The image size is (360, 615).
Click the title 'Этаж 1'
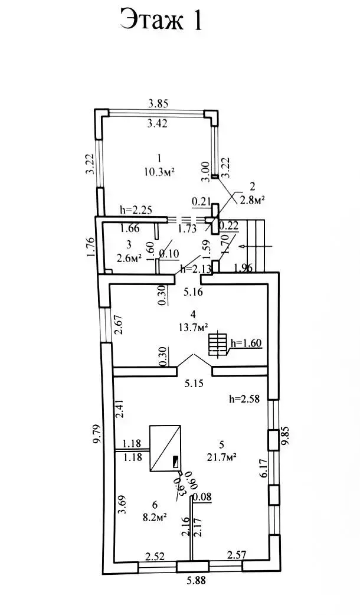pos(162,21)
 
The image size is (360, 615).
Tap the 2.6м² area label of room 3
pos(128,257)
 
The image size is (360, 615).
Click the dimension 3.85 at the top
pos(158,104)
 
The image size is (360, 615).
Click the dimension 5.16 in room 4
pos(193,292)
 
